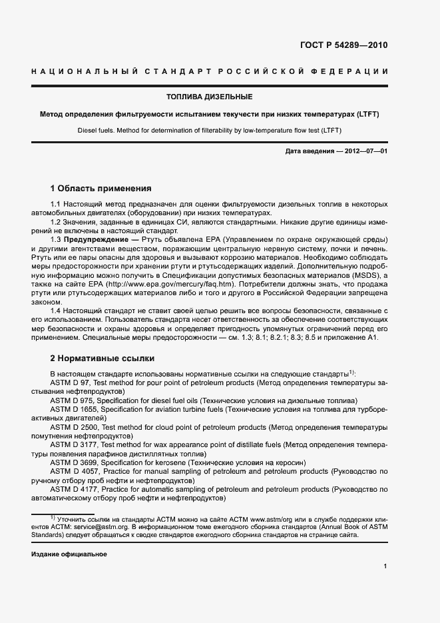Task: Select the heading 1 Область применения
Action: tap(101, 189)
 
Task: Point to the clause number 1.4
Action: tap(57, 311)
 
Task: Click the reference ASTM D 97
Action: tap(71, 383)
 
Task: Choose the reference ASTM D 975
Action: tap(73, 400)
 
